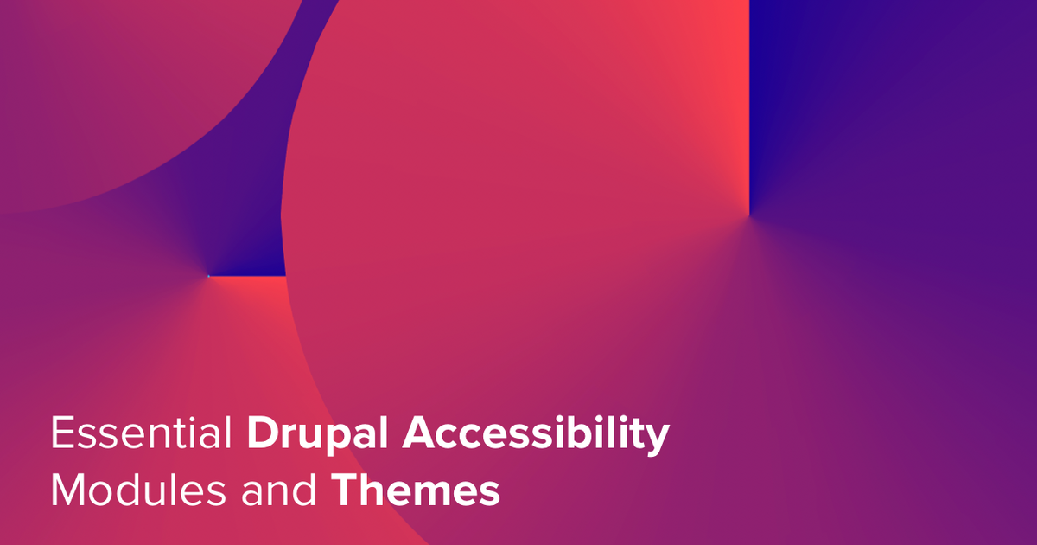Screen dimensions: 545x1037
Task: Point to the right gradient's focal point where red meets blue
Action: coord(749,212)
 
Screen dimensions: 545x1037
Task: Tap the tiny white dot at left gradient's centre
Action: coord(208,276)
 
